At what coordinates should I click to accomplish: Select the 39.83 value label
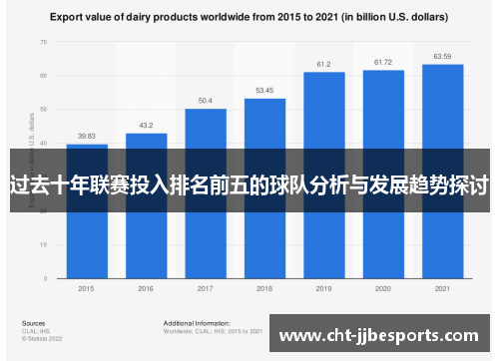pos(87,137)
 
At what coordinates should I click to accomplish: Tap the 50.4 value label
pos(206,101)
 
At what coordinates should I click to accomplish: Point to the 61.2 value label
pos(324,65)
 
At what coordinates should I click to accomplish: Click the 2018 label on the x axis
pos(264,289)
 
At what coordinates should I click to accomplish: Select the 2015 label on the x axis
pos(87,289)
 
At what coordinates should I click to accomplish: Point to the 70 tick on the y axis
pos(43,42)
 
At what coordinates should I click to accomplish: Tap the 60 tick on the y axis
pos(43,76)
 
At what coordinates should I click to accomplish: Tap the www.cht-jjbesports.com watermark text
pos(384,336)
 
